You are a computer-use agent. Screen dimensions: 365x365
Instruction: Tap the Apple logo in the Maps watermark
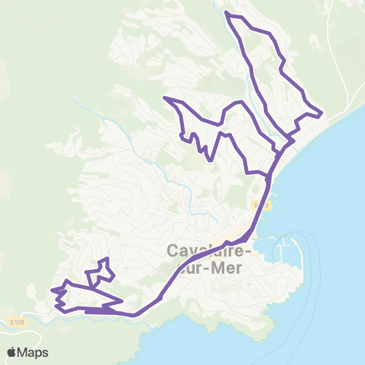tap(12, 352)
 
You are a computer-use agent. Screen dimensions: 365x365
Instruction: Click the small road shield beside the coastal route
tap(256, 206)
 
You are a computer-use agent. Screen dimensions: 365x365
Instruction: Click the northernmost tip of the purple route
tap(227, 13)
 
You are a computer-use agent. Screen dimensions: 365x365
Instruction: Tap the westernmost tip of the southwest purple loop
tap(52, 290)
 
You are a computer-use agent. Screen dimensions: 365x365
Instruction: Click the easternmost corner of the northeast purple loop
tap(322, 114)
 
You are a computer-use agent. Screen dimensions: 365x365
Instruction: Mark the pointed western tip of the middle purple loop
tap(164, 98)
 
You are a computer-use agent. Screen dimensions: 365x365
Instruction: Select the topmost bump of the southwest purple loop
tap(108, 259)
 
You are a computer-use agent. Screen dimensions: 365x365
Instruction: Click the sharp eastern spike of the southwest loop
tap(122, 301)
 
